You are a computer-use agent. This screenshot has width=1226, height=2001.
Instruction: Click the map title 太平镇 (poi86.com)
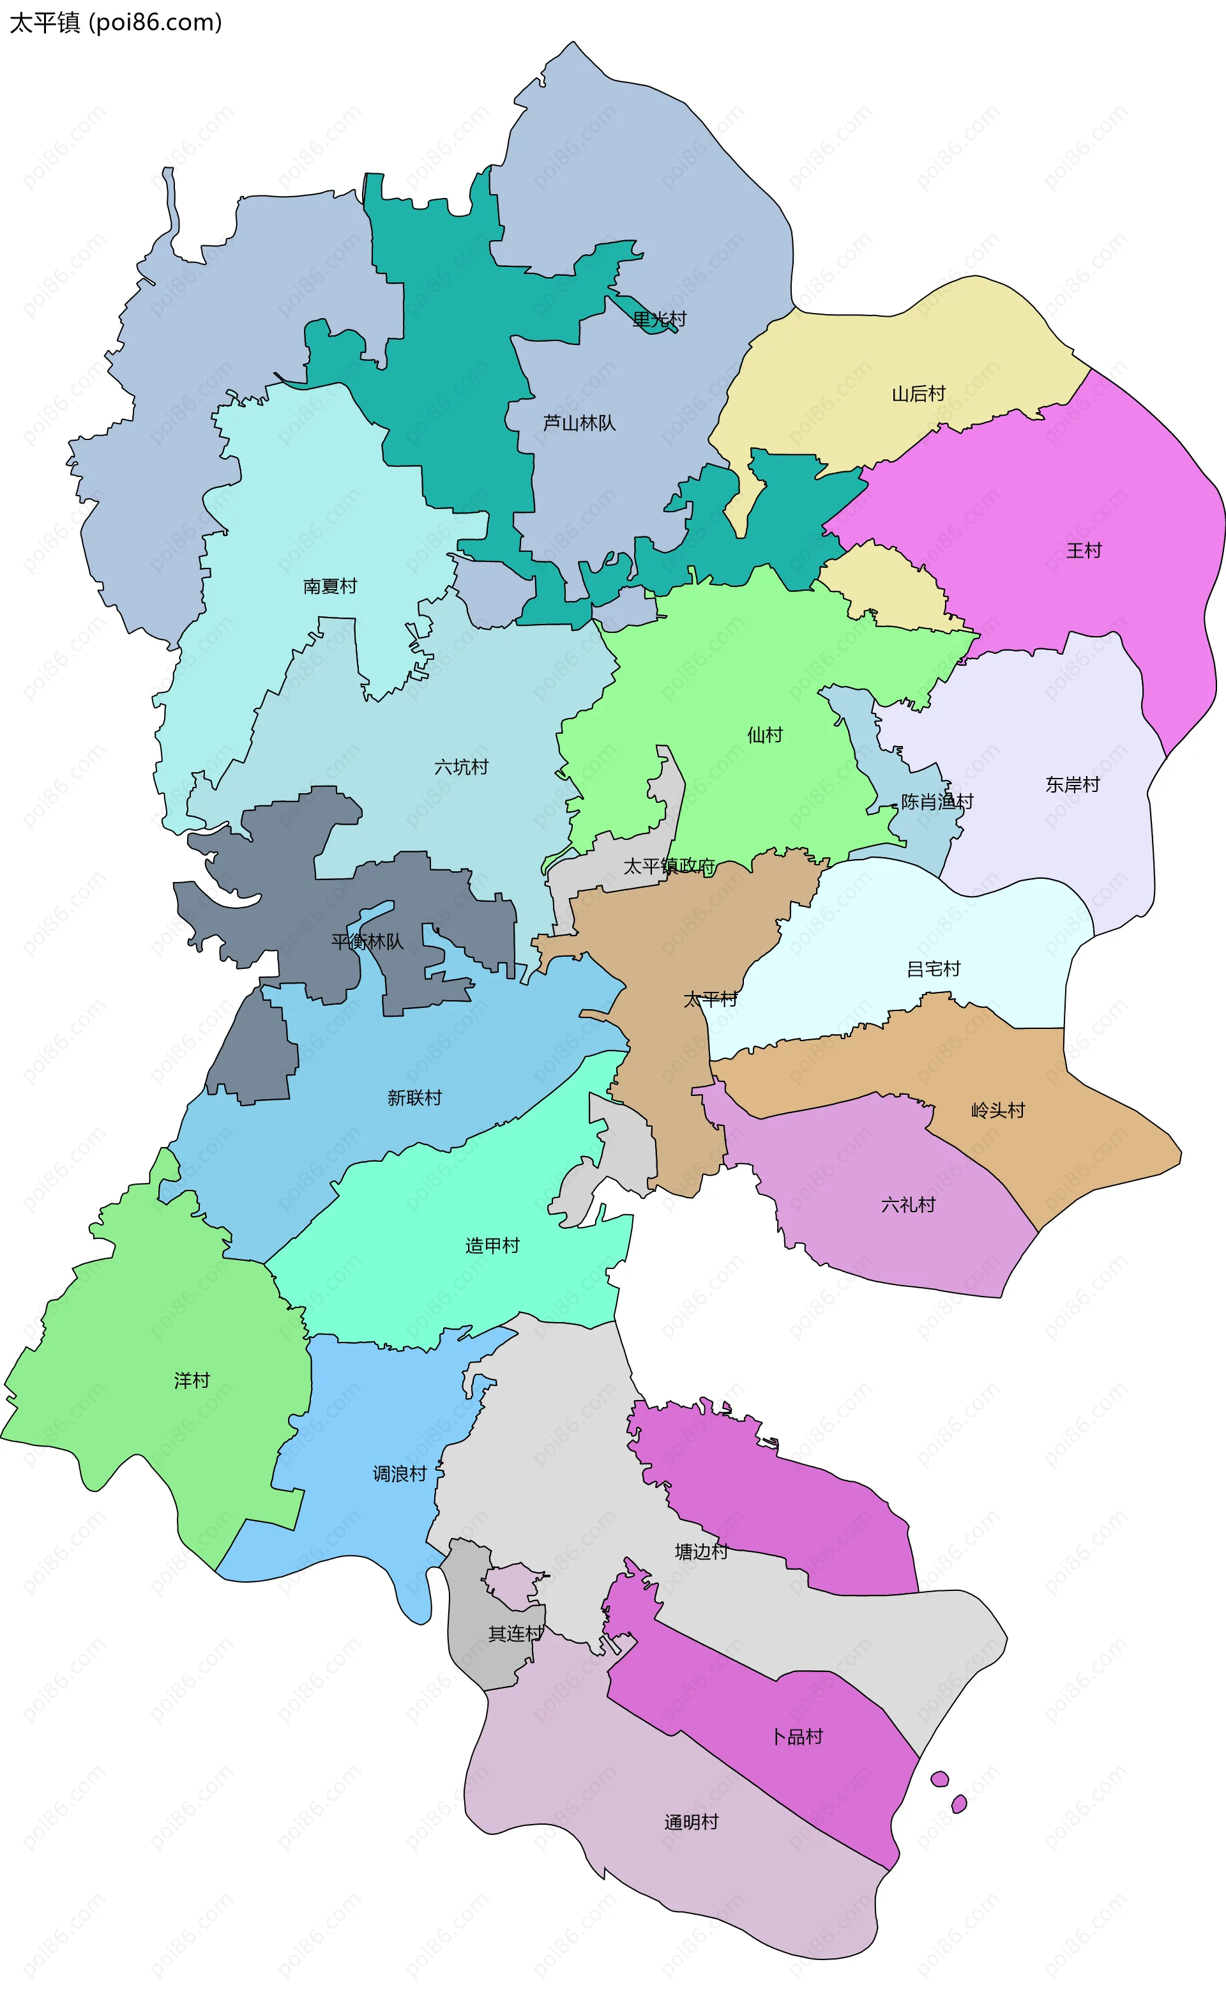(116, 23)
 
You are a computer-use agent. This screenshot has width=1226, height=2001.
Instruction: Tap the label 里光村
(658, 319)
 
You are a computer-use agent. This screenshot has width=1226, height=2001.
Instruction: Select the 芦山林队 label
(579, 423)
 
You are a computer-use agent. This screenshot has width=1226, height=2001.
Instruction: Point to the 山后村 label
(918, 394)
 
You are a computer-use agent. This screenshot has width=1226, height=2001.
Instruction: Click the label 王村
(1083, 551)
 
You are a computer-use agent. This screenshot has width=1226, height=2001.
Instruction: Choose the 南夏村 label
(329, 586)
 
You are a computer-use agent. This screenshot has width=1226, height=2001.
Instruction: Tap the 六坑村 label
(461, 766)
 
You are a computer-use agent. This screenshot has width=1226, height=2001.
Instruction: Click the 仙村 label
(764, 735)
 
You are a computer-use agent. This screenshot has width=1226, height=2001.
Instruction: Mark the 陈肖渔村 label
(936, 802)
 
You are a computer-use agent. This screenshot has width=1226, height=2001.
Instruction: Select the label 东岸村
(1071, 784)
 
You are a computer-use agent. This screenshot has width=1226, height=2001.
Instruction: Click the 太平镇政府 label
(669, 867)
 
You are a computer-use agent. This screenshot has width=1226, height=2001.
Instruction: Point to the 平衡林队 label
(367, 941)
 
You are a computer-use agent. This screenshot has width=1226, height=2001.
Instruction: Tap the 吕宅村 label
(933, 969)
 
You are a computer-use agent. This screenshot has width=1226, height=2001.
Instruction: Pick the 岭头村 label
(998, 1110)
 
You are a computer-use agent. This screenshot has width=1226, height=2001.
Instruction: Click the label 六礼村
(908, 1205)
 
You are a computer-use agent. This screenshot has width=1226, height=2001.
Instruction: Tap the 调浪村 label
(400, 1474)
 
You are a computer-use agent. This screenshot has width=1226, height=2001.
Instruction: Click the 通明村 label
(691, 1822)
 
